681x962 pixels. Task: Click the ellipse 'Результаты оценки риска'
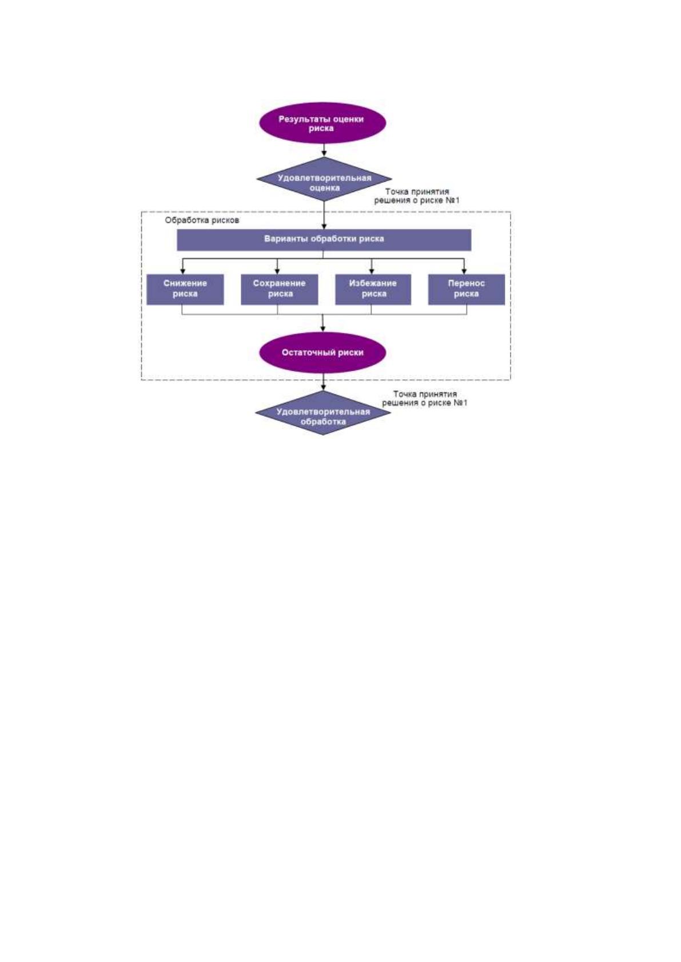point(322,123)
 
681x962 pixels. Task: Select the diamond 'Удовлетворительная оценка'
point(324,179)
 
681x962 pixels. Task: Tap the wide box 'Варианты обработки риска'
point(324,239)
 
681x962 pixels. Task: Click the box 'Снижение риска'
point(185,290)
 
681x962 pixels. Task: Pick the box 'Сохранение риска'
point(280,290)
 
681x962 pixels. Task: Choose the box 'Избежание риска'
point(373,290)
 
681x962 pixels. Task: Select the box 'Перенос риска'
point(467,290)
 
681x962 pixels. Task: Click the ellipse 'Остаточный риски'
point(322,352)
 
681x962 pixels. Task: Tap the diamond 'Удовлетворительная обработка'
point(323,412)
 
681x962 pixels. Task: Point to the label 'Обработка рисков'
point(202,221)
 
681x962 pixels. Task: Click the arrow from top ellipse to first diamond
point(324,150)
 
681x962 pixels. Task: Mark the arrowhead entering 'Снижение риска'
point(183,271)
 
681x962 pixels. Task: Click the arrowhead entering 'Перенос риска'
point(464,271)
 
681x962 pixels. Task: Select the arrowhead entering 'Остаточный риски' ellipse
point(323,329)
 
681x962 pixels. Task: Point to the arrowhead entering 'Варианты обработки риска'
point(324,226)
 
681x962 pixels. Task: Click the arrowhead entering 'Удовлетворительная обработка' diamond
point(323,387)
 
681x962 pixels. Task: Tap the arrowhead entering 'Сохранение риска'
point(277,271)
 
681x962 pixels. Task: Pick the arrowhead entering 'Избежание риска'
point(372,271)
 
